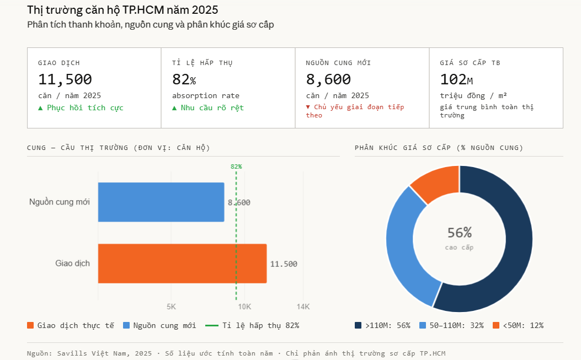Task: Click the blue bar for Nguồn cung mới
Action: click(161, 202)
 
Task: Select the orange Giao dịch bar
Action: click(182, 264)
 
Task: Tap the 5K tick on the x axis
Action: click(171, 307)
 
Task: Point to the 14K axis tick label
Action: click(303, 307)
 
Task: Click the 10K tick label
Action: click(244, 307)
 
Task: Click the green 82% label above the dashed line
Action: click(236, 166)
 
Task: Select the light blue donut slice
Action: click(403, 243)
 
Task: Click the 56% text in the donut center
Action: click(459, 233)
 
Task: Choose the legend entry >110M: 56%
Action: click(382, 325)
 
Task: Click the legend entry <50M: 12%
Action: click(518, 325)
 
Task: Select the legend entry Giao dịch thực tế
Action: click(70, 325)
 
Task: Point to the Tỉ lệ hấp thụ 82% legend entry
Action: click(252, 325)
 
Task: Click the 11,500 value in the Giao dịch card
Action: click(65, 79)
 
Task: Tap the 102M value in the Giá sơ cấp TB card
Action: click(456, 79)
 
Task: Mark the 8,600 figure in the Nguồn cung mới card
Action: click(328, 79)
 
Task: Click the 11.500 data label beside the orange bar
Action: click(284, 264)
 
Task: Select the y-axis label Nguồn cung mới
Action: click(60, 202)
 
